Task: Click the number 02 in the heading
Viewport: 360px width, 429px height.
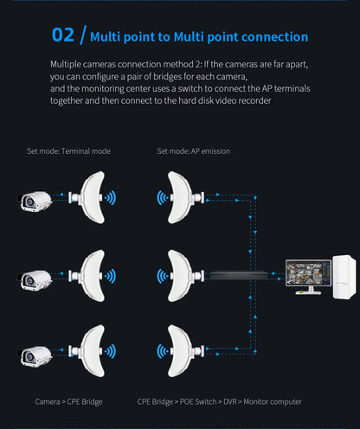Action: (x=63, y=35)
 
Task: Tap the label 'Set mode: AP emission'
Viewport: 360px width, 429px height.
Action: (x=193, y=151)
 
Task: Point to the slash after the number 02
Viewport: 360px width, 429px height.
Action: (x=83, y=35)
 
